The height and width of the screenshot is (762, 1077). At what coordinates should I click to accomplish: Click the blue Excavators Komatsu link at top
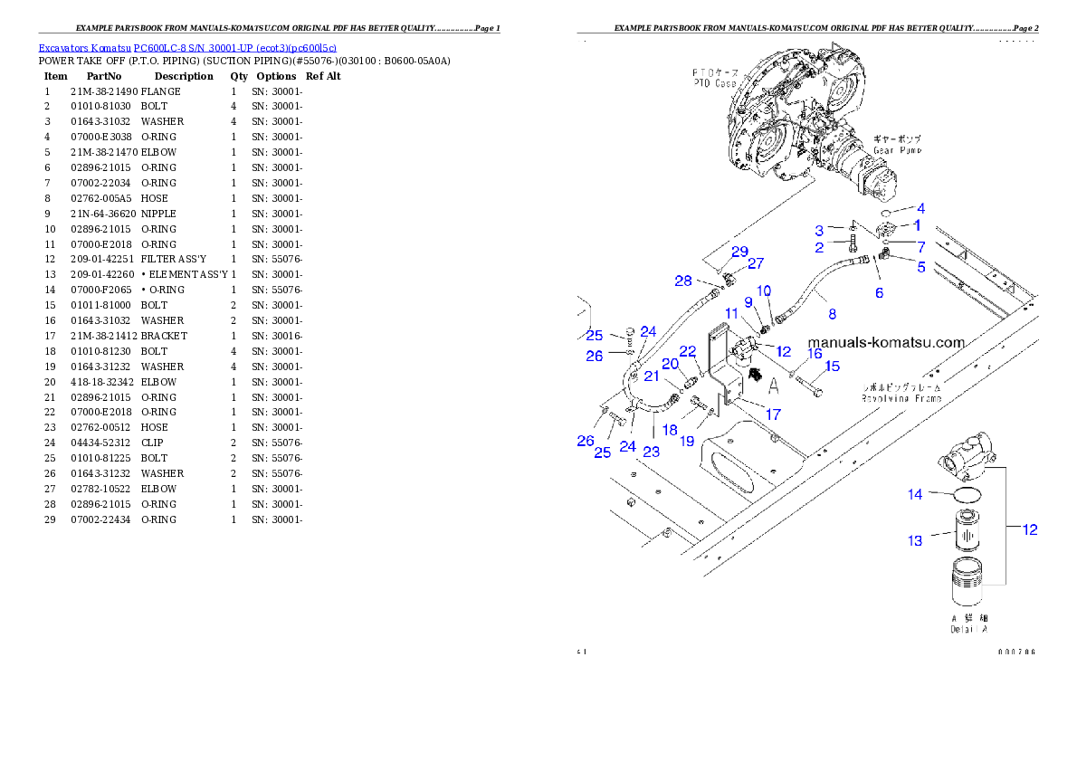tap(187, 48)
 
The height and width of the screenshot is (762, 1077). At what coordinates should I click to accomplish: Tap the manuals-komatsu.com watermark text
tap(886, 342)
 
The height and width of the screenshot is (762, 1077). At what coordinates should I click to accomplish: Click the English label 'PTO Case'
tap(714, 83)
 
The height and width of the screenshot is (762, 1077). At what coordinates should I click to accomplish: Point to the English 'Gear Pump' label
tap(898, 150)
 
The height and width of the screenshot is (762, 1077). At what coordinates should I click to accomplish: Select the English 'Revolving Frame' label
tap(901, 397)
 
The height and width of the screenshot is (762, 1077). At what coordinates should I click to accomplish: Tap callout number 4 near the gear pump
tap(921, 208)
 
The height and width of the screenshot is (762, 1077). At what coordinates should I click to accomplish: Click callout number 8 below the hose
tap(832, 314)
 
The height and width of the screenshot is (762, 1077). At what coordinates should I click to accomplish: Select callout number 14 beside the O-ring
tap(916, 494)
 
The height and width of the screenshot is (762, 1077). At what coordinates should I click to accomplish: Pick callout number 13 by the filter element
tap(916, 540)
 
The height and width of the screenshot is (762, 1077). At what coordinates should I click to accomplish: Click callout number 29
tap(739, 251)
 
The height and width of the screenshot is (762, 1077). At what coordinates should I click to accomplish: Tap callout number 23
tap(652, 452)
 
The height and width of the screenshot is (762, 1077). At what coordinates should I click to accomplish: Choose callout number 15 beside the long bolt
tap(832, 366)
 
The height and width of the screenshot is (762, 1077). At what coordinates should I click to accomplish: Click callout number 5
tap(921, 267)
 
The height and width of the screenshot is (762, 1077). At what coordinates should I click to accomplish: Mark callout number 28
tap(683, 281)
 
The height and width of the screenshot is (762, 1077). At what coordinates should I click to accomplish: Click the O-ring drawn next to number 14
tap(967, 494)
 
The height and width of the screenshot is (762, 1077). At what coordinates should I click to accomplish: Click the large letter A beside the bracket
tap(774, 387)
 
